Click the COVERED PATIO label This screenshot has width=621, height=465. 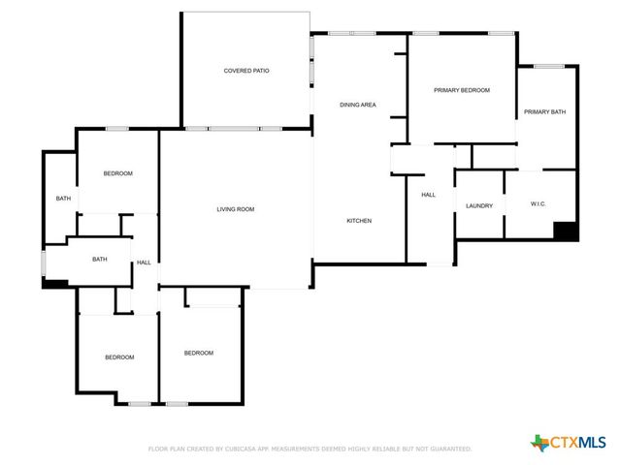click(x=246, y=71)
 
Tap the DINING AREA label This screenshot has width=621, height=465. click(x=357, y=105)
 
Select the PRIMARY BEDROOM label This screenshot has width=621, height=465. click(x=461, y=90)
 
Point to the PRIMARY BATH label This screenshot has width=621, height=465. click(x=544, y=112)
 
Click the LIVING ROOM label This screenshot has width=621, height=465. click(x=235, y=209)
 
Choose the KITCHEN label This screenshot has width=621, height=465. click(x=359, y=221)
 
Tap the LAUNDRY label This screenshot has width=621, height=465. click(x=479, y=205)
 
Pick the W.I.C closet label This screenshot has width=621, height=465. click(x=540, y=204)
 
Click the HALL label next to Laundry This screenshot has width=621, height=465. click(x=428, y=195)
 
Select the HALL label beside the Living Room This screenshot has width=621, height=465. click(x=144, y=263)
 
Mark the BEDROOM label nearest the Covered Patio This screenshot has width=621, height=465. click(x=117, y=173)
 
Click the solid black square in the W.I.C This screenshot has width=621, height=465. click(x=566, y=232)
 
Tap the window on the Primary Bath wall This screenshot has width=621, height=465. click(x=548, y=66)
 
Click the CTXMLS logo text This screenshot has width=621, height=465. click(x=578, y=442)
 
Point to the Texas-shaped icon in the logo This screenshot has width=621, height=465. click(x=539, y=442)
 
